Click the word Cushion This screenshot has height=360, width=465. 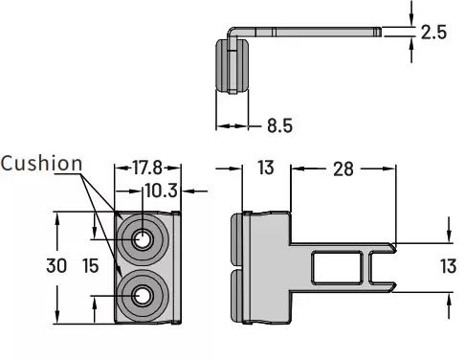[x=41, y=163]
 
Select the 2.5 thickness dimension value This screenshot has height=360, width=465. [x=433, y=33]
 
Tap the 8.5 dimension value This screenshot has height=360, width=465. [x=279, y=125]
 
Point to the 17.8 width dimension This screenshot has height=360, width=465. [x=147, y=168]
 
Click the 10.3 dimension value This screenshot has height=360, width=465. [x=161, y=191]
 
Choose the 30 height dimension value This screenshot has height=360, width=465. [x=56, y=266]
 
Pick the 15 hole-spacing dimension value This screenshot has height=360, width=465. [x=91, y=266]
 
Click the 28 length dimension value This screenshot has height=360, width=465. [x=343, y=169]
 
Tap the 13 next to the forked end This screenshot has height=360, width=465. [x=448, y=266]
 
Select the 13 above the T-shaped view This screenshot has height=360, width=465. [x=266, y=168]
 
